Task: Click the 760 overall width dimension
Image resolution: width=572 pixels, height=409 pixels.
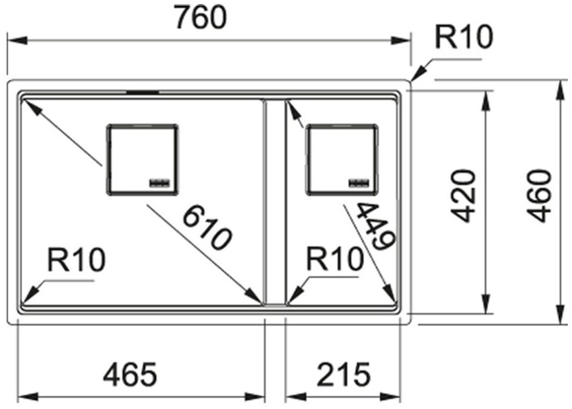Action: pos(201,18)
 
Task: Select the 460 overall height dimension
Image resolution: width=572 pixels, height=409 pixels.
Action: pos(540,196)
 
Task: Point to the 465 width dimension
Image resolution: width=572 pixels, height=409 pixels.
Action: pos(130,375)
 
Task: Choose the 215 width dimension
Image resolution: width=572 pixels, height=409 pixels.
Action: pos(343,375)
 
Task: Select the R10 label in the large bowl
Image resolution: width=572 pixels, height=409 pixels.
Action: pos(76,260)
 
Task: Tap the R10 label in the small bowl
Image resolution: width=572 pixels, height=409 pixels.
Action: pos(335,259)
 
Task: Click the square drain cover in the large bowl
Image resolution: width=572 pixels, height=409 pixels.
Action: pos(142,160)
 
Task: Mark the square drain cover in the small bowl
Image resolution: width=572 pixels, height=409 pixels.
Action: pos(342,160)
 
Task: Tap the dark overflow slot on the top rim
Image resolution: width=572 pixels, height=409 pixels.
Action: pos(143,93)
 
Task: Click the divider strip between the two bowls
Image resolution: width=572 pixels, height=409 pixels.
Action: pos(275,202)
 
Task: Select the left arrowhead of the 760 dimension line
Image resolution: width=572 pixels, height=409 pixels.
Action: pos(17,40)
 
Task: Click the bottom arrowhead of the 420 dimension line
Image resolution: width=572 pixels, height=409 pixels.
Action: pos(485,303)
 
